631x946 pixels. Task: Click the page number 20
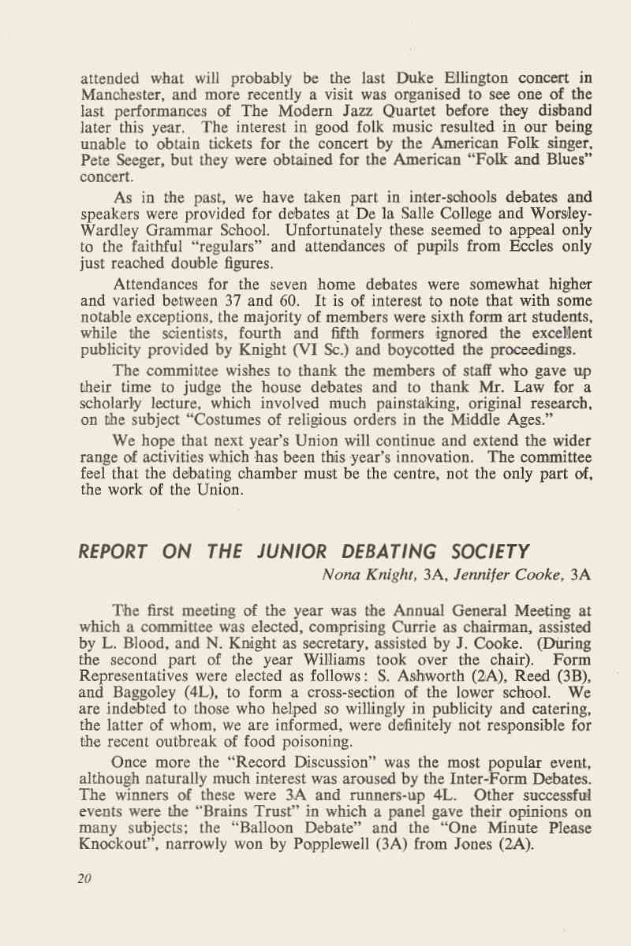point(85,879)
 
